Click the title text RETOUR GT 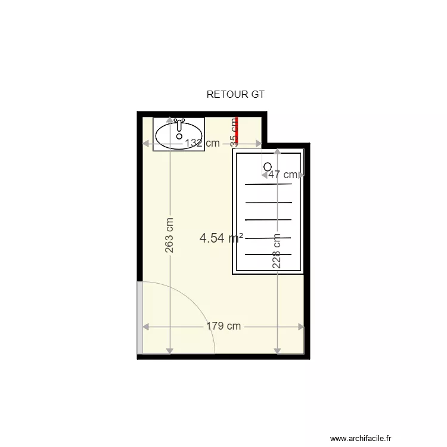pyautogui.click(x=235, y=94)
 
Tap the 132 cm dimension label pyautogui.click(x=201, y=143)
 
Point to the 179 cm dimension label pyautogui.click(x=223, y=326)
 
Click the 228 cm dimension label pyautogui.click(x=277, y=251)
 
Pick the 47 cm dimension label pyautogui.click(x=283, y=175)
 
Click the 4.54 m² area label pyautogui.click(x=221, y=238)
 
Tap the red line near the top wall pyautogui.click(x=237, y=130)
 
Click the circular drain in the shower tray pyautogui.click(x=268, y=166)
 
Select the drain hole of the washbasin pyautogui.click(x=179, y=136)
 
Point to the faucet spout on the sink pyautogui.click(x=179, y=125)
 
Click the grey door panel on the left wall pyautogui.click(x=140, y=317)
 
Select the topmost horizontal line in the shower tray pyautogui.click(x=268, y=184)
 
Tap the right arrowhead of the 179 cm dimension pyautogui.click(x=301, y=326)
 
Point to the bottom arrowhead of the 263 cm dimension pyautogui.click(x=170, y=350)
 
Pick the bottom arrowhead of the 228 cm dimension pyautogui.click(x=277, y=350)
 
